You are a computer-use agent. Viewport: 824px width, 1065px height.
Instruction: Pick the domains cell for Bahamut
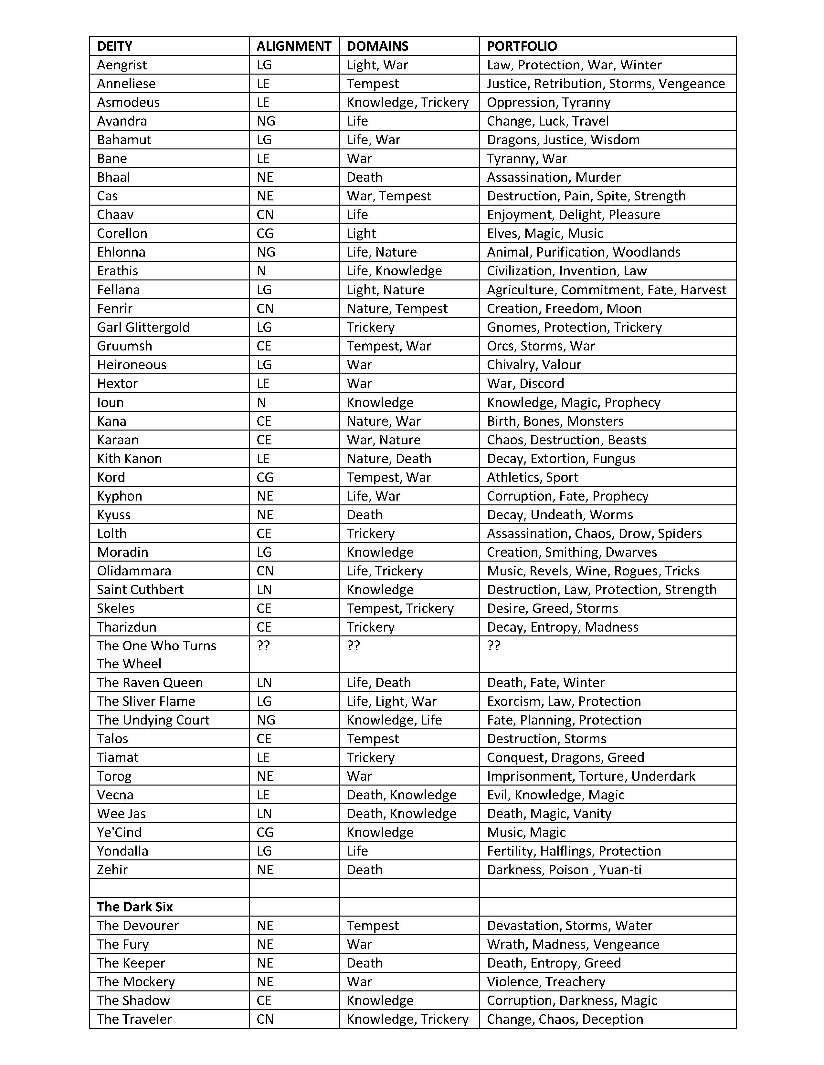[374, 140]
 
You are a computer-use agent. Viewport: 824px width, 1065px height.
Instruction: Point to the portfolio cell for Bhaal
[554, 177]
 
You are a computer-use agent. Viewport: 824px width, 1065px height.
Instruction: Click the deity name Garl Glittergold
[143, 327]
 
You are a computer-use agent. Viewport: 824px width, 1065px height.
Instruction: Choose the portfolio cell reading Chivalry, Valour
[534, 365]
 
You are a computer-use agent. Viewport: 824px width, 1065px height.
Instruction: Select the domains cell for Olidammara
[385, 571]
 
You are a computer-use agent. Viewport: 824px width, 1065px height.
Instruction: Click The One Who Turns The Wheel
[156, 654]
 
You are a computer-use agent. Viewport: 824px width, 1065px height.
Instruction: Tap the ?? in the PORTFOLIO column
[493, 646]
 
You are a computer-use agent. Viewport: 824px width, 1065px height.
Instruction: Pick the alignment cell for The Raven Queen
[264, 683]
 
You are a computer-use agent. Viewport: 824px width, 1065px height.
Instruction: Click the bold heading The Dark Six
[135, 907]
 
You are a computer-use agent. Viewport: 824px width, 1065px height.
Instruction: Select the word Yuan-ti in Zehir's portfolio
[620, 870]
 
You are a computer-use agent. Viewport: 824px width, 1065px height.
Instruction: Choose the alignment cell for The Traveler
[265, 1019]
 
